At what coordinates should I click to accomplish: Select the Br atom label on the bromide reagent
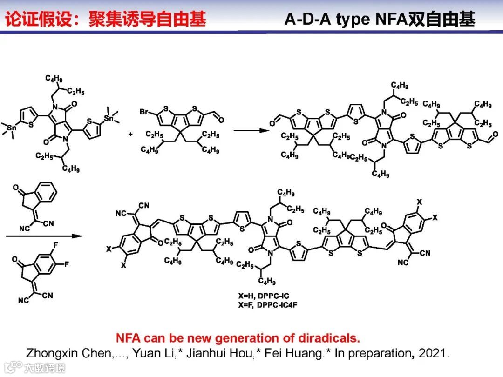tap(144, 112)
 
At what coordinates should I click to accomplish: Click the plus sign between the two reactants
tap(130, 134)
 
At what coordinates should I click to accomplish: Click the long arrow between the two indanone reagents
tap(44, 236)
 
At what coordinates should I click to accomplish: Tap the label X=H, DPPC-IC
tap(263, 296)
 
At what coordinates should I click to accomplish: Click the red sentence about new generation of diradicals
tap(238, 338)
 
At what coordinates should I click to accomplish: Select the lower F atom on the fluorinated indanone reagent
tap(67, 264)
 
